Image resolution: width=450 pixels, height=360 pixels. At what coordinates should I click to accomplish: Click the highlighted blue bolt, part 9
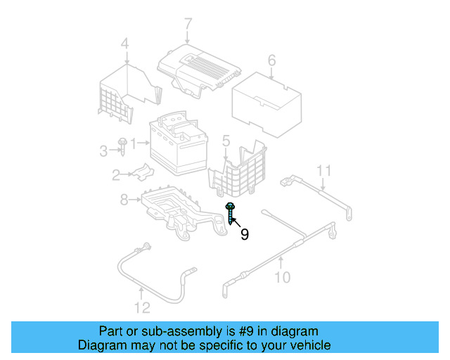tap(230, 212)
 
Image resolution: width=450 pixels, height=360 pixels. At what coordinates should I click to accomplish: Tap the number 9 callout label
tap(244, 234)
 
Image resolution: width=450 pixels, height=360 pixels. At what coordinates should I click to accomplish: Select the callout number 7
tap(188, 25)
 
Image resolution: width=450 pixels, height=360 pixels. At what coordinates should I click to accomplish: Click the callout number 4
tap(124, 45)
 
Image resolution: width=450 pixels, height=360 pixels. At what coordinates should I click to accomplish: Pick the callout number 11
tap(323, 170)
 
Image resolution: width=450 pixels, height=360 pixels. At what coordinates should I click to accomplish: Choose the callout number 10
tap(281, 277)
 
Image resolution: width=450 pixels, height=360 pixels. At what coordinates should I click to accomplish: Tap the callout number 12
tap(142, 307)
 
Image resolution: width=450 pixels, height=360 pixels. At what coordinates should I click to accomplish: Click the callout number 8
tap(124, 200)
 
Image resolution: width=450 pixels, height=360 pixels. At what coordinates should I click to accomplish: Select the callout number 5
tap(226, 143)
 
